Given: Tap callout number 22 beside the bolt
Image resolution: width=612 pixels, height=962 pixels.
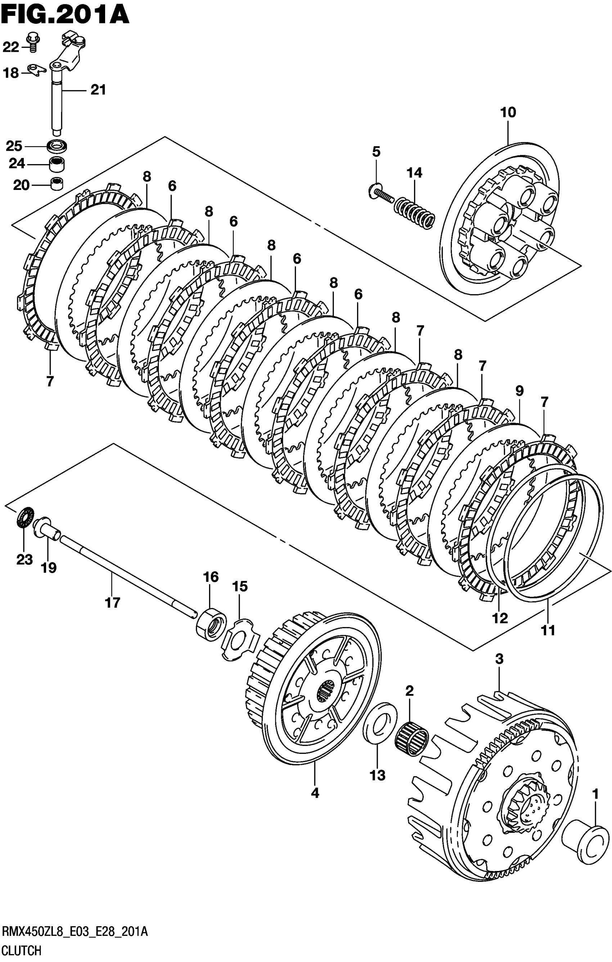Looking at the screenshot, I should [11, 47].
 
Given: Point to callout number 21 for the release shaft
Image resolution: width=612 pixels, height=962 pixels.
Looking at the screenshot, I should [98, 90].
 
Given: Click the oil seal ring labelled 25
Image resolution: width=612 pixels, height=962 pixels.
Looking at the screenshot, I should [57, 145].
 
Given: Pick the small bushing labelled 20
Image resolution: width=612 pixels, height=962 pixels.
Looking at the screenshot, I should [58, 184].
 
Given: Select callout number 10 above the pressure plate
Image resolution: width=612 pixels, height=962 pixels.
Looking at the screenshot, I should [508, 112].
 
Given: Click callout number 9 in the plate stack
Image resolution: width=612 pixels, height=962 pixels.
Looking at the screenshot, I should [519, 390].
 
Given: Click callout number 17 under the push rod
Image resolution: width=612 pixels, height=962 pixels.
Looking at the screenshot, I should [113, 603].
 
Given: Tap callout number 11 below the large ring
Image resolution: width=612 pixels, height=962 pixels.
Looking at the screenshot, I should [548, 631].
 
